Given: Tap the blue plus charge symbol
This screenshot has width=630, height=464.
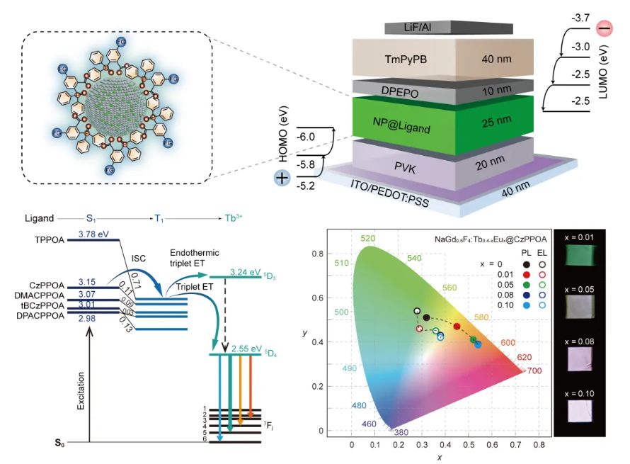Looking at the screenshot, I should (282, 178).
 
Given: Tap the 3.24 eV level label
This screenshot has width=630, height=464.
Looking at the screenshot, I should (246, 270).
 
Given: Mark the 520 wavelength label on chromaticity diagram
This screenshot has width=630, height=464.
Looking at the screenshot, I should (367, 239).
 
